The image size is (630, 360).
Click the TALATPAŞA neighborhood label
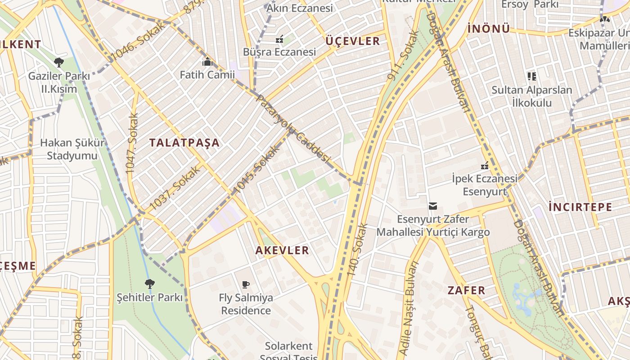[184, 143]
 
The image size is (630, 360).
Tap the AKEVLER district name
[282, 251]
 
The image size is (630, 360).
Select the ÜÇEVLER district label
[353, 41]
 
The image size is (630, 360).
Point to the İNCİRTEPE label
[580, 207]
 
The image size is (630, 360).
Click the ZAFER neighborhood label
[466, 290]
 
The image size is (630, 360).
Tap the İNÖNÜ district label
[489, 29]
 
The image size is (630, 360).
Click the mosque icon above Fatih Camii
[207, 62]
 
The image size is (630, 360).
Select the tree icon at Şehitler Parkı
[150, 283]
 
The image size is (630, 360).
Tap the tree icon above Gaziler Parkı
[58, 62]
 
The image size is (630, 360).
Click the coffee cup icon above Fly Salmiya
[246, 284]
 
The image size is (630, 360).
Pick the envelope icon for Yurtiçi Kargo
[433, 206]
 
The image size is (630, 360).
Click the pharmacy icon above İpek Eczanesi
[485, 166]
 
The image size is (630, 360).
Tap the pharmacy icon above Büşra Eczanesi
[279, 39]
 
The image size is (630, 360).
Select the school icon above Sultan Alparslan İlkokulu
[532, 76]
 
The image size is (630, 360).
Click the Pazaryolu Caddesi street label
[293, 130]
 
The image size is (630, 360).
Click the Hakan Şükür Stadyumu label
[72, 149]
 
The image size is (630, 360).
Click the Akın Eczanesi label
[299, 8]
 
